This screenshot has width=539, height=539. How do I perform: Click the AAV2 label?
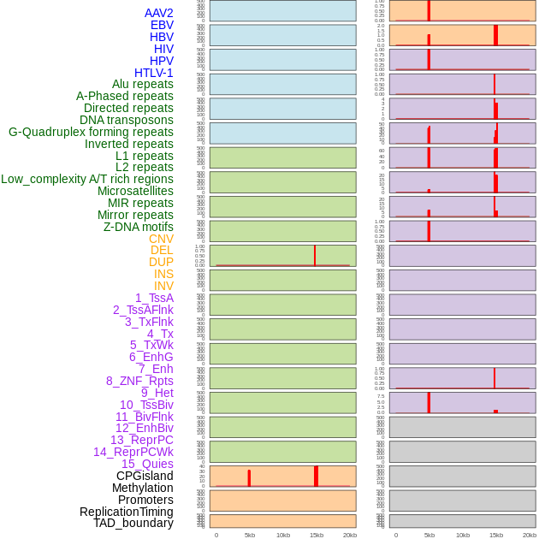158,13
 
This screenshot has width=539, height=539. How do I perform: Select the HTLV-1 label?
153,73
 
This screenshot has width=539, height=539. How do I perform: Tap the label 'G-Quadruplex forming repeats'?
91,132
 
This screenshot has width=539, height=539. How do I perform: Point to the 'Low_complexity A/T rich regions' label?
87,179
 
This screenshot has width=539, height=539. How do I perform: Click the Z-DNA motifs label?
138,227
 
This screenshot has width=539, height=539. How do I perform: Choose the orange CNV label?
161,239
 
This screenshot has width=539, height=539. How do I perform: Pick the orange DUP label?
161,262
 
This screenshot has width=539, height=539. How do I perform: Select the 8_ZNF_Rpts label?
139,381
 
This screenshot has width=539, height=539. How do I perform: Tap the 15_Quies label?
147,464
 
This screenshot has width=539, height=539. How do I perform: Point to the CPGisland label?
145,476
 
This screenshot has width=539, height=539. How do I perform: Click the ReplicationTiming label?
126,512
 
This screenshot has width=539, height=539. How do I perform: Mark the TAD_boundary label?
133,523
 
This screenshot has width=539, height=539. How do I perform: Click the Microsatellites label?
135,191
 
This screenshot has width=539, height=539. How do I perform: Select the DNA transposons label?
127,120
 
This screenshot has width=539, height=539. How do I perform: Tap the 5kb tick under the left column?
250,535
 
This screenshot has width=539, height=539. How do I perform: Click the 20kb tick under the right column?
530,535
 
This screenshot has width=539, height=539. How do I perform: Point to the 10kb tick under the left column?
283,535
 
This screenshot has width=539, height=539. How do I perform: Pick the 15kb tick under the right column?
496,535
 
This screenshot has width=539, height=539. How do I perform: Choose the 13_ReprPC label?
141,440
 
